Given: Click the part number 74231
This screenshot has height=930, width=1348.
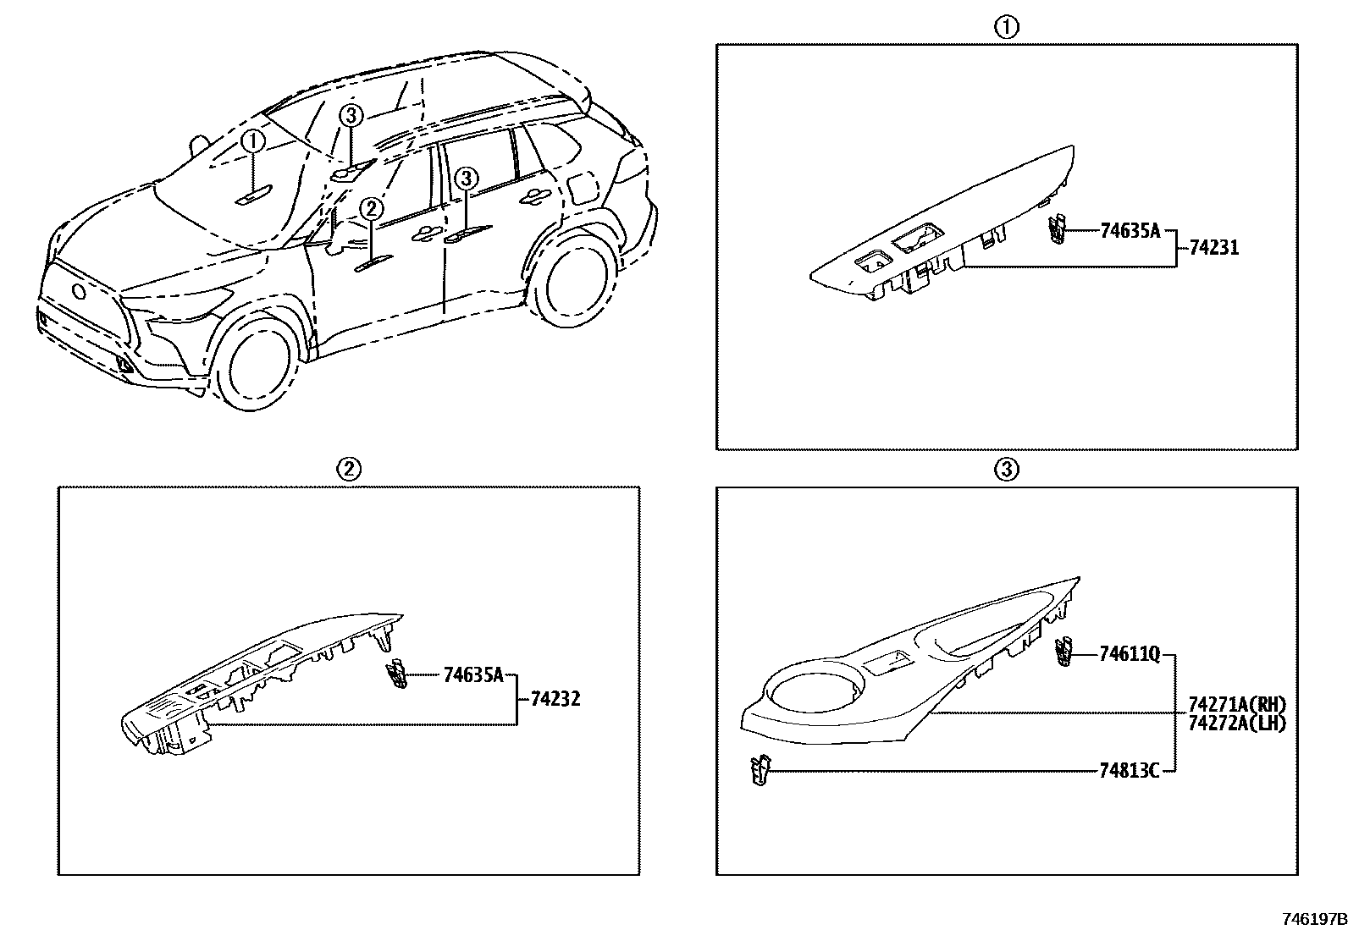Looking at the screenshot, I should (1213, 248).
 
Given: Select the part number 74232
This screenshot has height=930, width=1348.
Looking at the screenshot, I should (555, 699).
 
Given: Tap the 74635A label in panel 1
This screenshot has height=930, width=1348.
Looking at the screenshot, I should (1130, 230).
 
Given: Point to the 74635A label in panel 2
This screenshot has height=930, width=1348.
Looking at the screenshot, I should (472, 674).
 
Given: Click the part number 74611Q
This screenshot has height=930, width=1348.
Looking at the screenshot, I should (1130, 653).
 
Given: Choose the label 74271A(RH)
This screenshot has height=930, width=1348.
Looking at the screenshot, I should (1237, 704).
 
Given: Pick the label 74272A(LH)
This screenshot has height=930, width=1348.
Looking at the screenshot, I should (1237, 723).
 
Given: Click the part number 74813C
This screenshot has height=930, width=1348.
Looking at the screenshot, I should (1128, 770).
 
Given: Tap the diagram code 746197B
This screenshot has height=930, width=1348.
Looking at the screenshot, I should (1312, 919).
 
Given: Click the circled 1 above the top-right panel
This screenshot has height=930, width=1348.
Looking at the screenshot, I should (1006, 27).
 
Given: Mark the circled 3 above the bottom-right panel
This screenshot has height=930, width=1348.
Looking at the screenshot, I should (1006, 469).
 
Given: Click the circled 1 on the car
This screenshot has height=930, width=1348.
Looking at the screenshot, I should (252, 141).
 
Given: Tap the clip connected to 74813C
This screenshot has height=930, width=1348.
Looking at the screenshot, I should (761, 770).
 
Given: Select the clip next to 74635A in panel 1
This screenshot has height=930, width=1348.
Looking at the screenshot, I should (1055, 228).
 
